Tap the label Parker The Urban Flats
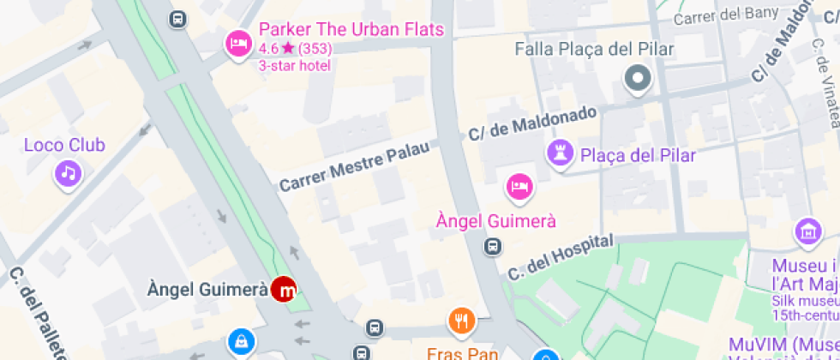click(x=351, y=30)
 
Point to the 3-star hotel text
click(x=294, y=65)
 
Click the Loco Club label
click(x=64, y=145)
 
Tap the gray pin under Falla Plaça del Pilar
click(x=638, y=80)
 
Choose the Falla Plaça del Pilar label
click(x=594, y=49)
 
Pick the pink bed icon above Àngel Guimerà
click(x=519, y=186)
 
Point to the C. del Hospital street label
click(x=561, y=257)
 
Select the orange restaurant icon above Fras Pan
click(x=461, y=321)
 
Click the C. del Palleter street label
click(x=38, y=314)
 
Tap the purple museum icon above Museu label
click(x=807, y=231)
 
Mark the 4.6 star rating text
click(x=296, y=49)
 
